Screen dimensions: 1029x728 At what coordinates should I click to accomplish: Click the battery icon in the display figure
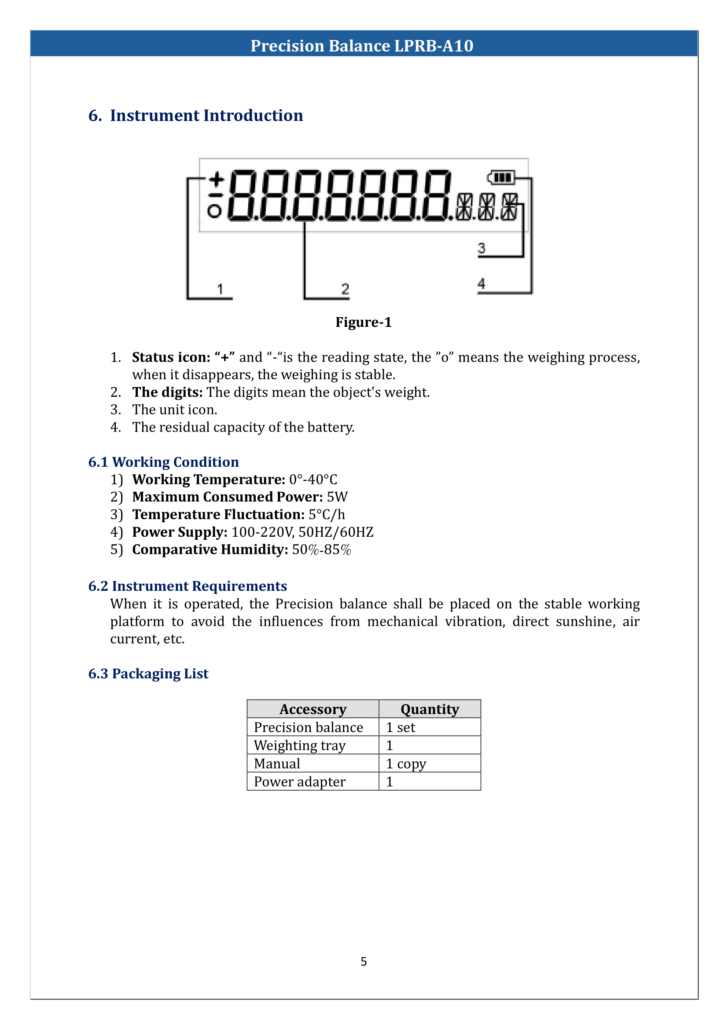click(501, 177)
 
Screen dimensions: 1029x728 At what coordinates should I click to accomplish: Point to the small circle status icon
click(214, 211)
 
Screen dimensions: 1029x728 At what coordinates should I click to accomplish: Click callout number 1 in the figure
click(220, 289)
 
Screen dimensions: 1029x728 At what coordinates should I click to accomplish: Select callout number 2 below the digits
click(345, 289)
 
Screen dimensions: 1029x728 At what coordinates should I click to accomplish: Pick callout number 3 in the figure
click(482, 248)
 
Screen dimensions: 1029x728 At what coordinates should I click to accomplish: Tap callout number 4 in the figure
click(482, 284)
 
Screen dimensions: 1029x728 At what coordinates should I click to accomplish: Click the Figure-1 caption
click(364, 322)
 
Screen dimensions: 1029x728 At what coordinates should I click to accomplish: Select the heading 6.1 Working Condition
click(164, 462)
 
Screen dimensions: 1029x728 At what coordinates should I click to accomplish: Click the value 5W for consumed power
click(337, 497)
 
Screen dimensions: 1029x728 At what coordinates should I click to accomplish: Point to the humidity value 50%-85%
click(321, 549)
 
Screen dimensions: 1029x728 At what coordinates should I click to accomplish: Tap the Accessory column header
click(313, 710)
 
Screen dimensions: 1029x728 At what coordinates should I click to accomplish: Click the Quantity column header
click(430, 710)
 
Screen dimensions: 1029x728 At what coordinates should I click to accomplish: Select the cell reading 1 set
click(401, 727)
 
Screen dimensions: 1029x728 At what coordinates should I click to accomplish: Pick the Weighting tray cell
click(299, 745)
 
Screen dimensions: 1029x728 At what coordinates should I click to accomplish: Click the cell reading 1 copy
click(406, 764)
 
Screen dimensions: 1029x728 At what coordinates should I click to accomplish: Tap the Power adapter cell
click(299, 782)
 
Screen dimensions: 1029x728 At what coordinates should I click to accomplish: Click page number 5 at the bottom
click(364, 961)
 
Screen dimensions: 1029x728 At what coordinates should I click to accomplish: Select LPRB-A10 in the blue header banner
click(434, 46)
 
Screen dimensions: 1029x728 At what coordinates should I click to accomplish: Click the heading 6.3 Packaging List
click(148, 674)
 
